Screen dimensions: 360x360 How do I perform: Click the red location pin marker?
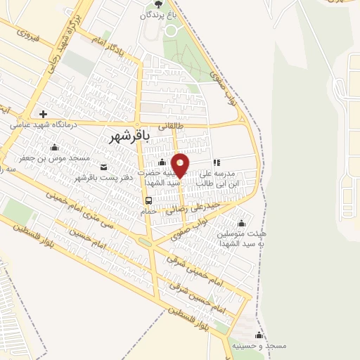(180, 165)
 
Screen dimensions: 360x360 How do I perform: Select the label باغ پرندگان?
(155, 14)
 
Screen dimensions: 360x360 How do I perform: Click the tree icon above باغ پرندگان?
(157, 4)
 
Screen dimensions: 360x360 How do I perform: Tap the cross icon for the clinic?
(43, 114)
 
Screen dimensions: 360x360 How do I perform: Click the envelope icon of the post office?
(104, 167)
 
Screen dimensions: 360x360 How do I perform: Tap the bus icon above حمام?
(148, 200)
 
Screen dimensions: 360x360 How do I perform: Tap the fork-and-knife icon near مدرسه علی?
(217, 162)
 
